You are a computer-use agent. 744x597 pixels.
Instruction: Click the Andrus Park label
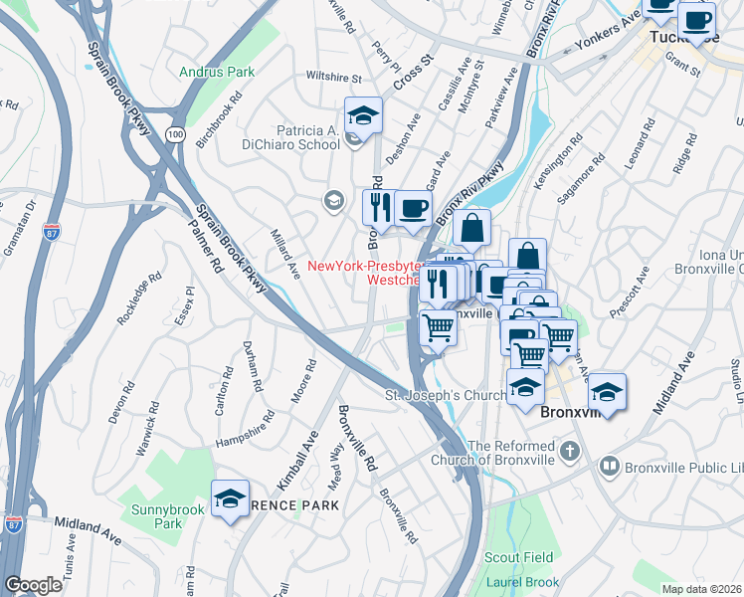pyautogui.click(x=217, y=72)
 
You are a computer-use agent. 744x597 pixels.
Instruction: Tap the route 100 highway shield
pyautogui.click(x=176, y=133)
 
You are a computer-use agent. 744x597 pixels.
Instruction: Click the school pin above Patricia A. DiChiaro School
pyautogui.click(x=363, y=116)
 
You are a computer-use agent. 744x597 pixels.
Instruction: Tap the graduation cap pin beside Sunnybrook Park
pyautogui.click(x=231, y=499)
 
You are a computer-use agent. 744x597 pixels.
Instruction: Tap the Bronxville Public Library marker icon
pyautogui.click(x=609, y=466)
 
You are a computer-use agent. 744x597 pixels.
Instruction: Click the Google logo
pyautogui.click(x=33, y=585)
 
